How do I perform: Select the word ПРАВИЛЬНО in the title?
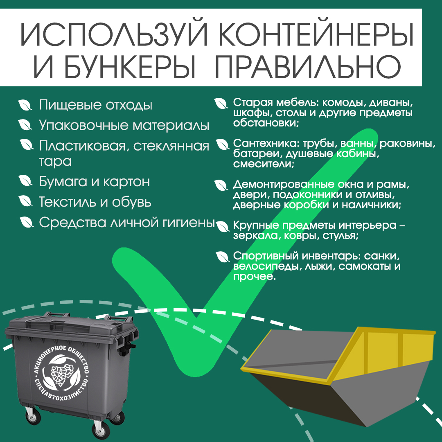pos(307,67)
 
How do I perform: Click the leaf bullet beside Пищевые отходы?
pos(25,105)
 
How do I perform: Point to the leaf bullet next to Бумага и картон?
pos(25,181)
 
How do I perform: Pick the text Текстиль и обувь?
pos(95,202)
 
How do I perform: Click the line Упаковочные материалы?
pos(124,125)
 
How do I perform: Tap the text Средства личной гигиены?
pos(127,222)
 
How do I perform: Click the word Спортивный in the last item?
pos(266,256)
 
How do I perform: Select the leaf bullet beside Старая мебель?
pos(221,103)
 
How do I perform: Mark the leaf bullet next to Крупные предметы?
pos(223,226)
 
